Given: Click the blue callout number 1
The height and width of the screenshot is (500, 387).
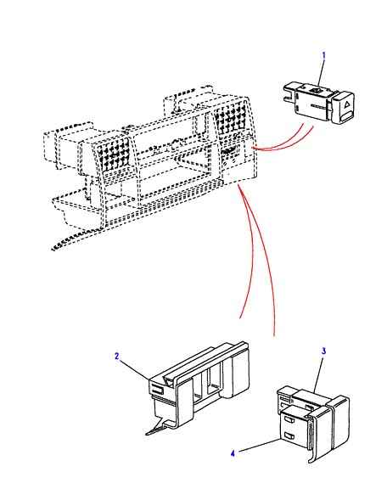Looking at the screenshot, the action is (324, 55).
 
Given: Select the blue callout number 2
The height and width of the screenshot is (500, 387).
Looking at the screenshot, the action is (116, 356).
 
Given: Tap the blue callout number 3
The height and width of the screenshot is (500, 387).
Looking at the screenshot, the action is (323, 351).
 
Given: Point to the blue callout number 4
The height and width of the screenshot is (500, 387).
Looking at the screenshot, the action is (233, 453).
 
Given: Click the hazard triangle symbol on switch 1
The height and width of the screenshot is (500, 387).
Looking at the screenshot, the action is (345, 103).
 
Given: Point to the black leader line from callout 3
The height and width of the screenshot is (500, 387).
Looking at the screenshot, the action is (318, 374).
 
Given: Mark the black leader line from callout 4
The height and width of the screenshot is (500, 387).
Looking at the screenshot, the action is (260, 445).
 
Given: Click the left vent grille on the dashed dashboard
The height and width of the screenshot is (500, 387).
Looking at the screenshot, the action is (113, 155).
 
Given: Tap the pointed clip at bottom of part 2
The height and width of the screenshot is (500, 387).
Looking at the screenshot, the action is (158, 427).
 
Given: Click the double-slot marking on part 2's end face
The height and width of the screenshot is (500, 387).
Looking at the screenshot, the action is (157, 390).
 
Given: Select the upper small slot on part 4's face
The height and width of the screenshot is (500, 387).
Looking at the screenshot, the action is (289, 420).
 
